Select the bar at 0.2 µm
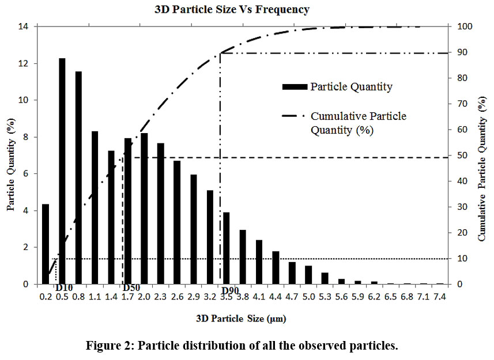click(46, 244)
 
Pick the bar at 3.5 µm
click(227, 248)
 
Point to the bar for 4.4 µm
click(276, 268)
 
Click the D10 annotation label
click(63, 287)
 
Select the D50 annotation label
click(131, 287)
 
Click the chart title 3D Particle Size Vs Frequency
click(232, 9)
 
